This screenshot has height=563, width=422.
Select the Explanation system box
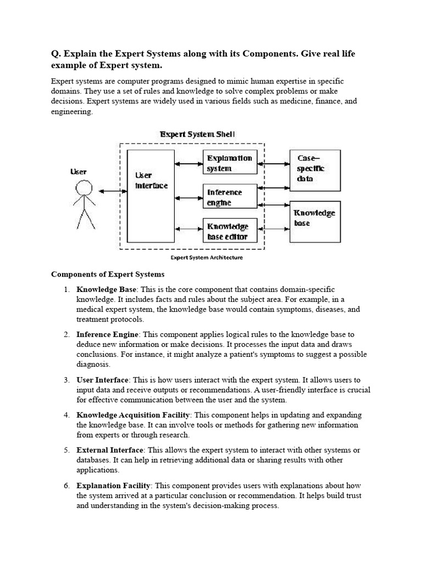click(230, 163)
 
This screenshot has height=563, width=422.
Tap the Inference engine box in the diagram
click(230, 197)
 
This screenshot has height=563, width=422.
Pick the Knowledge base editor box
click(230, 231)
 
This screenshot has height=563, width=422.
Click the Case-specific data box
click(315, 167)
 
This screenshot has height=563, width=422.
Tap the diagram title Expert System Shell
click(198, 134)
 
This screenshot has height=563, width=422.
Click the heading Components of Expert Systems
click(108, 274)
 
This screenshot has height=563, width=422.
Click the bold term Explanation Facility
click(113, 485)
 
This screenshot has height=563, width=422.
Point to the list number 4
click(66, 415)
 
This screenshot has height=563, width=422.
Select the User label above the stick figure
click(79, 172)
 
